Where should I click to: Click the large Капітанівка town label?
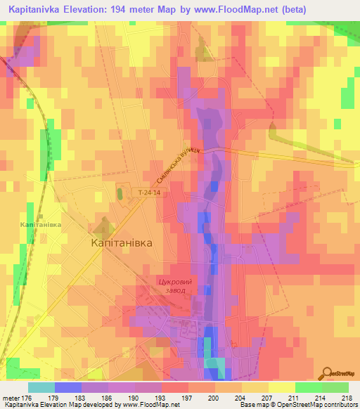(x=122, y=242)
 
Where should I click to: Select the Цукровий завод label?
(x=174, y=286)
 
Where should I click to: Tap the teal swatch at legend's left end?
(x=41, y=387)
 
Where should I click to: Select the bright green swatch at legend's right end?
(x=335, y=387)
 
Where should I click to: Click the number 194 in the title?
(x=129, y=11)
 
